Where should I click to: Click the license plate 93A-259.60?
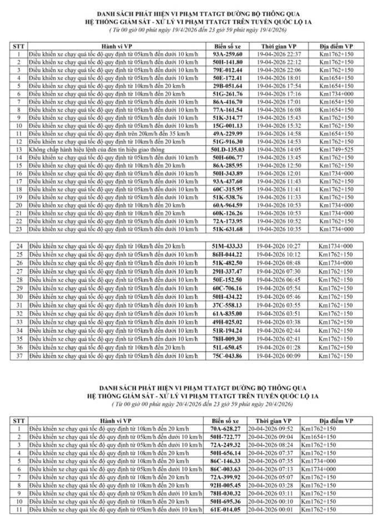tap(228, 54)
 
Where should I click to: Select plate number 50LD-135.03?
tap(228, 150)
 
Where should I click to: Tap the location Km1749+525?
tap(336, 150)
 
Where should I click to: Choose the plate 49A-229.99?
tap(228, 134)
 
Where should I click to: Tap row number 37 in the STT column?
tap(19, 356)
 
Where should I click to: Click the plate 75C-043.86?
tap(228, 356)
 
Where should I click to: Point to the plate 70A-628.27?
tap(225, 429)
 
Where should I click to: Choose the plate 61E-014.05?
tap(225, 509)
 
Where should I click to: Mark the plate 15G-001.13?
tap(228, 126)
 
